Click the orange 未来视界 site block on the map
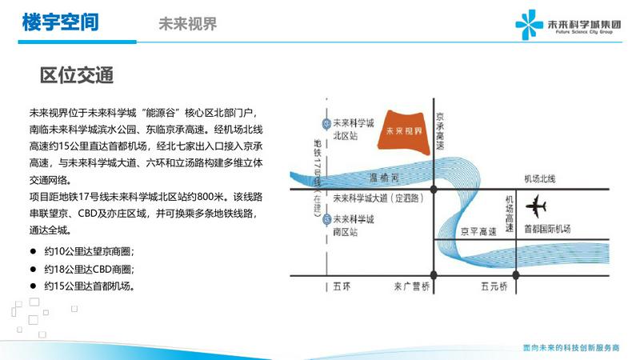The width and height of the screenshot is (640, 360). point(404,131)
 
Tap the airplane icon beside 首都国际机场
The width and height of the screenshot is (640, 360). point(536,206)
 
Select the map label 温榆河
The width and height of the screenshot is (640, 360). point(384,178)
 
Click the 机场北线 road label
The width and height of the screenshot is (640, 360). point(539,178)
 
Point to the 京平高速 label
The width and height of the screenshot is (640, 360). point(478,232)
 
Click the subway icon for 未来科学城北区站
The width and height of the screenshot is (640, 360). point(326,123)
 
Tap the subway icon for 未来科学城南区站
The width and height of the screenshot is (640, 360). point(326,219)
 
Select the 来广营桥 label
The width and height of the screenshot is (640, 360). point(412,286)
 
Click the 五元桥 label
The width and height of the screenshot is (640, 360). point(494,286)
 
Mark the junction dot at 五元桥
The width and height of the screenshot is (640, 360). point(516,275)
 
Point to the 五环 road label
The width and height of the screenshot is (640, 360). point(342,286)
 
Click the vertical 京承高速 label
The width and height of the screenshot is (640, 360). point(439,131)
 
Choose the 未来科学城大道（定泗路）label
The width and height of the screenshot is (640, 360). point(378,198)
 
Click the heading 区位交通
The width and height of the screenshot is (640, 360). point(77,75)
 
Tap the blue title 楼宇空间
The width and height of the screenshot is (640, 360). point(61,22)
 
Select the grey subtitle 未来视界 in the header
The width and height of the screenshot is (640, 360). point(188,24)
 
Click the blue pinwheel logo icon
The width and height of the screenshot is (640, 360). point(529,25)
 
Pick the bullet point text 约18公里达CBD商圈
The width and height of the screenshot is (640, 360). point(90,269)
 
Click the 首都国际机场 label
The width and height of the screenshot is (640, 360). point(547,229)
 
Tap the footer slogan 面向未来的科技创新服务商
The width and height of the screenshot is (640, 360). point(571,348)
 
